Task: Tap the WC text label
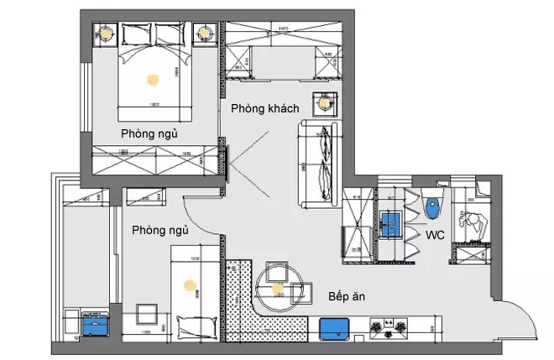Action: click(436, 237)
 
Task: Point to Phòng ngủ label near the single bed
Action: click(159, 230)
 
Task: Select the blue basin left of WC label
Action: click(389, 223)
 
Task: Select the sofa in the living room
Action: click(318, 164)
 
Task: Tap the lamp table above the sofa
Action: click(323, 102)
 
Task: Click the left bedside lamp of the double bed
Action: click(106, 34)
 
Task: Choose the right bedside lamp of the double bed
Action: click(205, 34)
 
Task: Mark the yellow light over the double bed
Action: click(153, 81)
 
